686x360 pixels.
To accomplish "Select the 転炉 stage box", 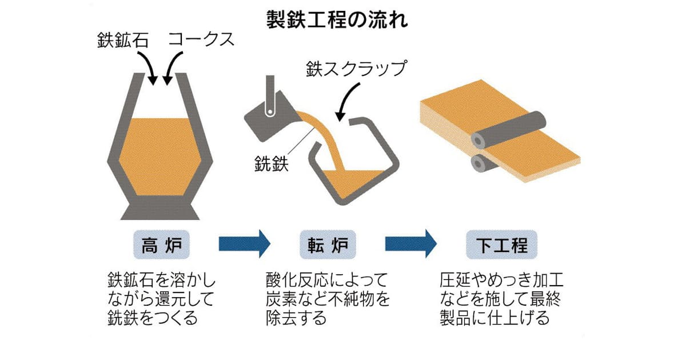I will click(328, 245).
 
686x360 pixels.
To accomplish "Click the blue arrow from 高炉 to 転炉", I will click(243, 244).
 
